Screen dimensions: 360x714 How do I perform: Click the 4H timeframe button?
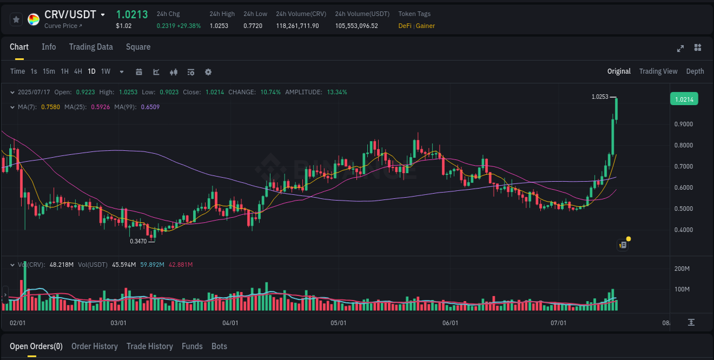click(x=78, y=71)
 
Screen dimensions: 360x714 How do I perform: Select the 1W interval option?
click(x=106, y=71)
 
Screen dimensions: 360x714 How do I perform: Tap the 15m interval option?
click(x=49, y=71)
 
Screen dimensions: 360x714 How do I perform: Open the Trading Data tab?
click(x=91, y=47)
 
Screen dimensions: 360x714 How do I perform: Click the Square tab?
click(x=138, y=47)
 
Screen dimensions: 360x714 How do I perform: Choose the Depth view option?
click(x=695, y=71)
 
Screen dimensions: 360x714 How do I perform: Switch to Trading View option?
click(x=658, y=71)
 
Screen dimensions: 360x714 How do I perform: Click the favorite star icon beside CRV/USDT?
click(x=17, y=19)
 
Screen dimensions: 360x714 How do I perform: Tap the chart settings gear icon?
click(x=208, y=72)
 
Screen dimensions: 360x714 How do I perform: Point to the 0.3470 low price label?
click(x=138, y=241)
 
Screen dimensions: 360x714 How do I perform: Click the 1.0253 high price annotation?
click(x=600, y=97)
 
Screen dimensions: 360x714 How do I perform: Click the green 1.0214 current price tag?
click(x=684, y=99)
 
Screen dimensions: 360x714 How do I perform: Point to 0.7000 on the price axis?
click(x=683, y=166)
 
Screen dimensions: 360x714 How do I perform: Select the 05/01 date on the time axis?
click(x=339, y=323)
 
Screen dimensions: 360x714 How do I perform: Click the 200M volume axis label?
click(x=682, y=269)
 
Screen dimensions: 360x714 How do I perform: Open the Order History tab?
click(x=94, y=346)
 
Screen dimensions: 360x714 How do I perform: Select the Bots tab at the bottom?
click(x=219, y=346)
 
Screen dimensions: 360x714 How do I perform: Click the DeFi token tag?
click(x=405, y=26)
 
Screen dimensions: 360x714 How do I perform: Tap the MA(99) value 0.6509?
click(x=150, y=107)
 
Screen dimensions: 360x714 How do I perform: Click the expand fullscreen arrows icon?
click(x=680, y=48)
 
